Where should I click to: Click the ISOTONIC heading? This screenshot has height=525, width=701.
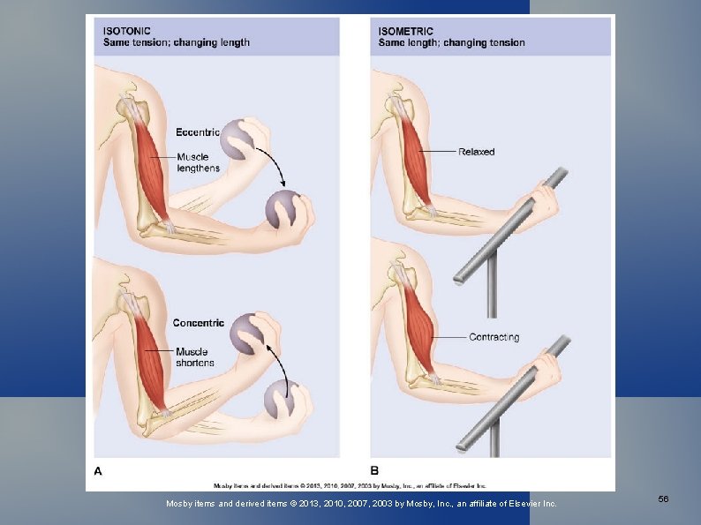click(127, 31)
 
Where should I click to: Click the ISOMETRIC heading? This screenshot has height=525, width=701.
click(406, 31)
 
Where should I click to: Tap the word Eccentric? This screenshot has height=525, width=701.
click(198, 133)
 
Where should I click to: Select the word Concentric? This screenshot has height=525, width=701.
click(199, 323)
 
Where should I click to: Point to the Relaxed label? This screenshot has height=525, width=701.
click(477, 152)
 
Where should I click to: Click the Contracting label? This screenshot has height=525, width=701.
click(494, 337)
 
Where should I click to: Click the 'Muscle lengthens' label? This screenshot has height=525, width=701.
click(198, 162)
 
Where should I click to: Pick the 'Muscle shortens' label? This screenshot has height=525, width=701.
click(193, 356)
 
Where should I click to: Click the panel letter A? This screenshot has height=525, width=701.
click(98, 470)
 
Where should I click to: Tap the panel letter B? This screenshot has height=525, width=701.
click(374, 470)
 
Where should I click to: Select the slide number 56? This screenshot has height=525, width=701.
click(663, 499)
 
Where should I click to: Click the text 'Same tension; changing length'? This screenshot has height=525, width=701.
click(177, 42)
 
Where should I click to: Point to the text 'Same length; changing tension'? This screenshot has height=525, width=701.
click(451, 42)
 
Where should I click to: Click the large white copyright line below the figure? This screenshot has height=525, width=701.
click(362, 504)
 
